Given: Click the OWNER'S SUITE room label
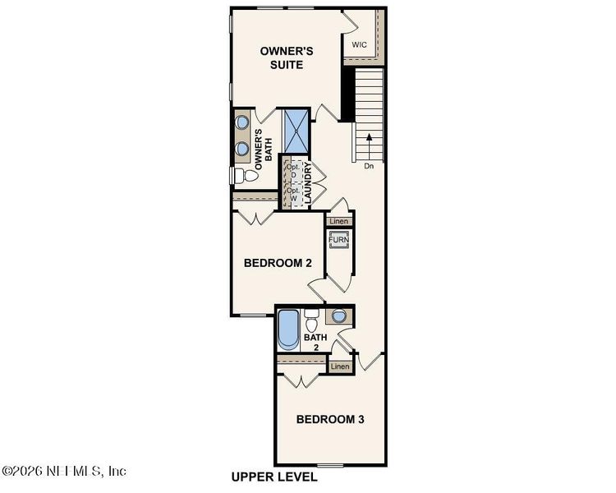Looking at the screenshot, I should (x=287, y=58).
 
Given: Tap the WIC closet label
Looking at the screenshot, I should (x=359, y=44).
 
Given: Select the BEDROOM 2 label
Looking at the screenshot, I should (x=278, y=264).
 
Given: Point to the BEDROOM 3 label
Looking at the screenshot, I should (x=329, y=420).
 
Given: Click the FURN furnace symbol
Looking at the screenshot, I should (x=339, y=240).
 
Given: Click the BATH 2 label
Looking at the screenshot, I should (x=315, y=342).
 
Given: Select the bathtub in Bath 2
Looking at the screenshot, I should (x=288, y=330).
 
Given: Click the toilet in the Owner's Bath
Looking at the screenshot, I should (x=245, y=176).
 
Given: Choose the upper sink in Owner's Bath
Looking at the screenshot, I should (x=242, y=122).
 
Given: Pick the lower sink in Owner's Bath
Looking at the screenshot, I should (x=242, y=149).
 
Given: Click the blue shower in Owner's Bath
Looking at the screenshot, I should (x=296, y=130).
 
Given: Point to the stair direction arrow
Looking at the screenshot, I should (x=369, y=145).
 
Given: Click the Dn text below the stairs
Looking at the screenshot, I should (x=369, y=166).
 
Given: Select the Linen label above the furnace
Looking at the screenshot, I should (x=339, y=222).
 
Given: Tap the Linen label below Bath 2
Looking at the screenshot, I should (x=340, y=366).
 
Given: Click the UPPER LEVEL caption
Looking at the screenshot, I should (x=274, y=477).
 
